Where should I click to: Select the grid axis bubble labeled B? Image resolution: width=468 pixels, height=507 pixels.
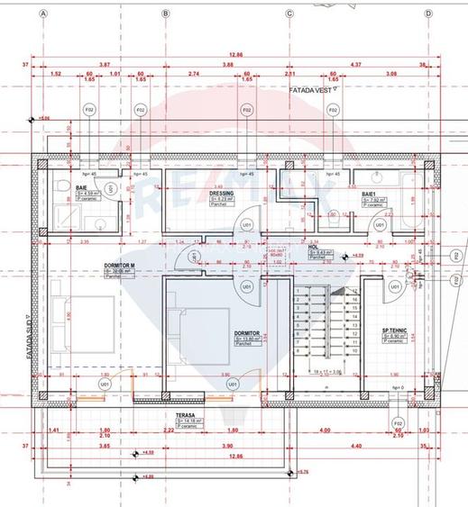pos(165,14)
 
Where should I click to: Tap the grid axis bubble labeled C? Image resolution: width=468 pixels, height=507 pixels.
pos(290,14)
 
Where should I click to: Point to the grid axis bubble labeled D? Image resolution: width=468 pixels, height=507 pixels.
pos(428,14)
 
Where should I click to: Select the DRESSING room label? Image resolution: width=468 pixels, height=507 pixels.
pos(222,193)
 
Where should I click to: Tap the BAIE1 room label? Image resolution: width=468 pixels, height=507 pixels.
pos(370,193)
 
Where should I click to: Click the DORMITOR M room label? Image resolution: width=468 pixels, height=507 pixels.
pos(119,267)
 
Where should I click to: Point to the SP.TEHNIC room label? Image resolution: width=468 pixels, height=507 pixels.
pos(394,330)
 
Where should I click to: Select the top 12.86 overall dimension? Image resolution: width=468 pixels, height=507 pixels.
pos(236,54)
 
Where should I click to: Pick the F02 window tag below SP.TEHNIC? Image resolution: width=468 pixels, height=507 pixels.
pos(398,421)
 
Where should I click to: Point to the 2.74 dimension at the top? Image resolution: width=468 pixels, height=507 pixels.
pos(194,72)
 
